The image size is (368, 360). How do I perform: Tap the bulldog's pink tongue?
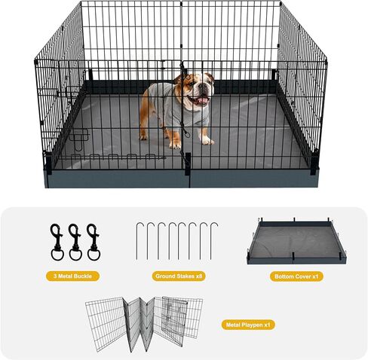tap(203, 101)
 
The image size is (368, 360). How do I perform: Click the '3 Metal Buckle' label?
tap(72, 276)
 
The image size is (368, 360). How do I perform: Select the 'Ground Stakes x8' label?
tap(179, 276)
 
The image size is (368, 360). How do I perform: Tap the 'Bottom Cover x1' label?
tap(296, 276)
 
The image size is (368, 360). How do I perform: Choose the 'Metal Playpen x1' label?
tap(248, 325)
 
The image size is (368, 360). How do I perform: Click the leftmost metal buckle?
tap(57, 243)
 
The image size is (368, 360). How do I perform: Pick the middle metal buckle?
tap(75, 243)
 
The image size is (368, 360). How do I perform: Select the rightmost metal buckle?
tap(94, 243)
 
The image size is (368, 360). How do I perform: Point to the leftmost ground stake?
tap(137, 241)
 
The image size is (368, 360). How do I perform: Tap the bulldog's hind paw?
tap(143, 137)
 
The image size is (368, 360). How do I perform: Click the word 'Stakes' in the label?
tap(185, 276)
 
